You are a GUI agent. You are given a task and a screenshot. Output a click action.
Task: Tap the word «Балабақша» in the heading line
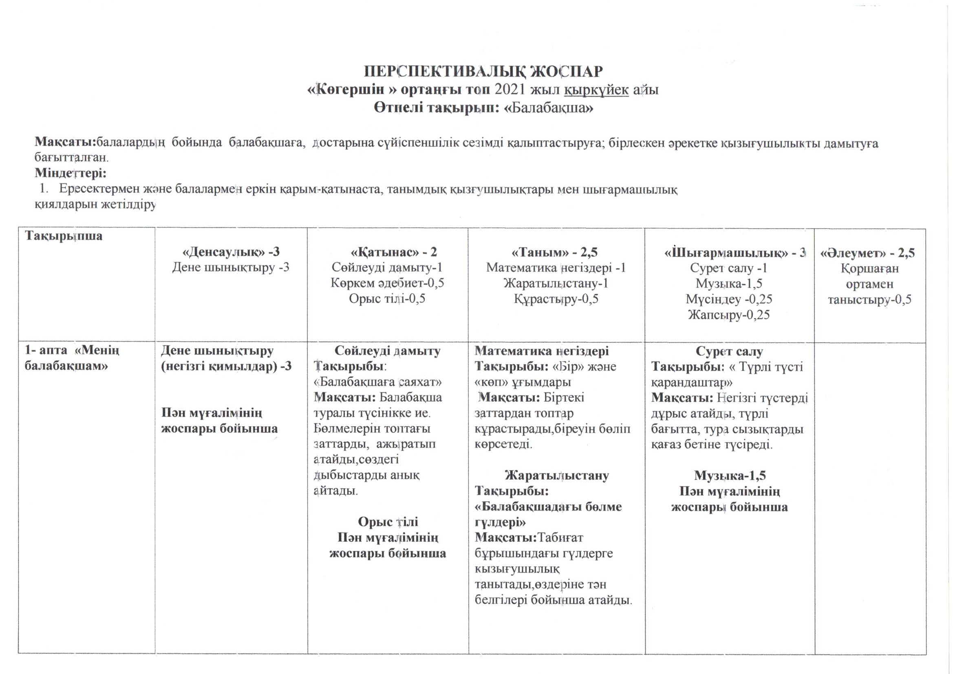click(548, 108)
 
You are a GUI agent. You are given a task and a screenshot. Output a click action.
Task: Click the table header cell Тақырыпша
click(64, 237)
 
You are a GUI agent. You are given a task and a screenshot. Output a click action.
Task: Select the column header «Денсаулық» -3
click(231, 252)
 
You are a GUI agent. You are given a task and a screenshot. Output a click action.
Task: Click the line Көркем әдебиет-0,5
click(387, 284)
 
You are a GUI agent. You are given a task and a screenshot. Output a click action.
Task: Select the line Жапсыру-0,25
click(729, 315)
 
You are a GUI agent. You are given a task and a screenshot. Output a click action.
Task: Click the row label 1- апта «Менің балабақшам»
click(73, 359)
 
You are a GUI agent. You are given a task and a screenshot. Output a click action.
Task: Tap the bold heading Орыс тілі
click(388, 522)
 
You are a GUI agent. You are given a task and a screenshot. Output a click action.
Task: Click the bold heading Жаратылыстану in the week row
click(557, 475)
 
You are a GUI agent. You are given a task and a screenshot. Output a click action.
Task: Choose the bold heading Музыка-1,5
click(730, 476)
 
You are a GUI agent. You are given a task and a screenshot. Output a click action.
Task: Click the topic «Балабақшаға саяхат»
click(378, 382)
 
